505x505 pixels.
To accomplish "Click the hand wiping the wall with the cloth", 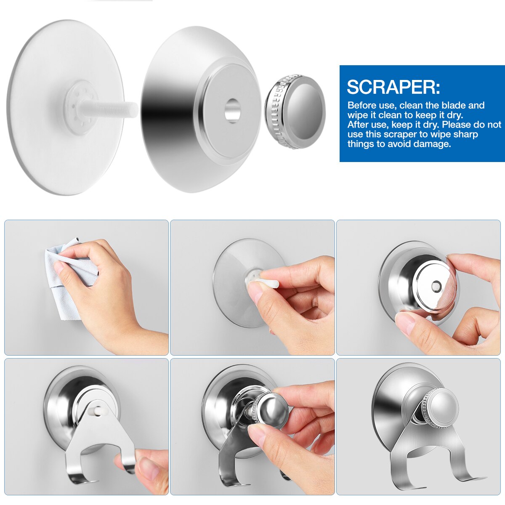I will [x=105, y=286].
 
